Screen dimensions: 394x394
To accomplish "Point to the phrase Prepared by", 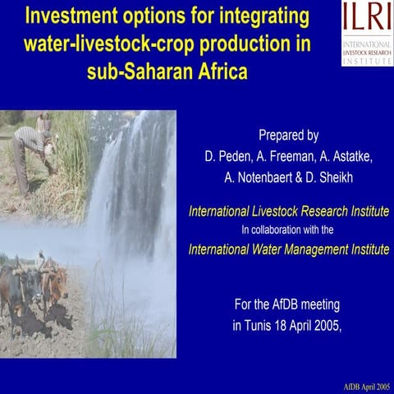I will pyautogui.click(x=288, y=135).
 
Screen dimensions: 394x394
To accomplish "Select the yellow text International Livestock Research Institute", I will pyautogui.click(x=289, y=211).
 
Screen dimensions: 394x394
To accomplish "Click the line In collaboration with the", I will pyautogui.click(x=289, y=230).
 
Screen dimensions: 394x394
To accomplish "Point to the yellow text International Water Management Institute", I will pyautogui.click(x=289, y=248).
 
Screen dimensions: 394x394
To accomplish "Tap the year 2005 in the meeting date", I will pyautogui.click(x=323, y=325).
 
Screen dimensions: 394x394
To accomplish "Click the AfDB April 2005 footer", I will pyautogui.click(x=366, y=386).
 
